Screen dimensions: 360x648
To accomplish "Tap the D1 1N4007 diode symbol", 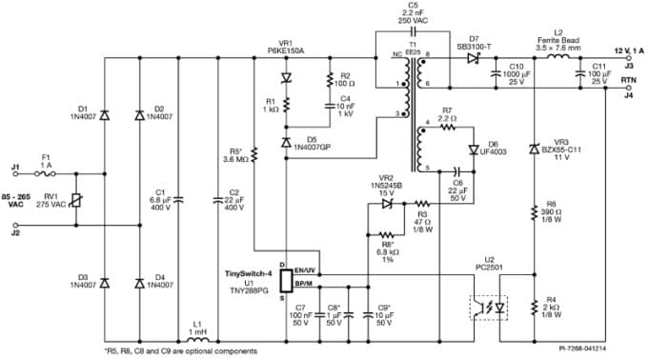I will tap(104, 116).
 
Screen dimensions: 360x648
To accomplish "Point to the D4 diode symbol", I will tap(139, 283).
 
